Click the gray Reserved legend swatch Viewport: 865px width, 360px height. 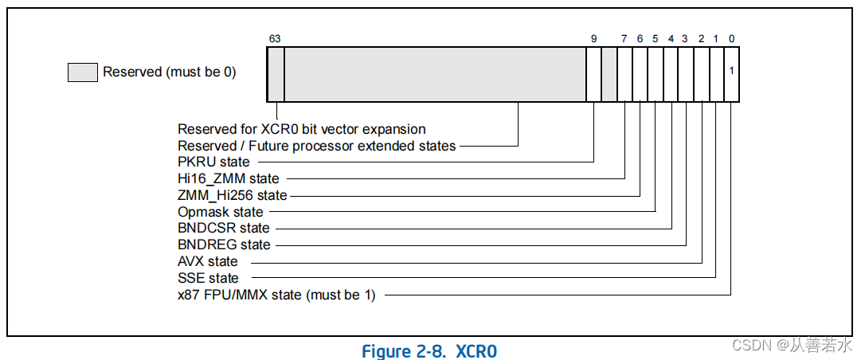(x=83, y=72)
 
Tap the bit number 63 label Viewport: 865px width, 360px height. (x=275, y=38)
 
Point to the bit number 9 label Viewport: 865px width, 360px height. (x=593, y=38)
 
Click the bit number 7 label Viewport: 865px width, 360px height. (x=624, y=38)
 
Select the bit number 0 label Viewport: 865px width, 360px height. (x=731, y=38)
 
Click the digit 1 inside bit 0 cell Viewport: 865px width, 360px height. (x=731, y=70)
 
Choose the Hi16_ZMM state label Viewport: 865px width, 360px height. (x=229, y=178)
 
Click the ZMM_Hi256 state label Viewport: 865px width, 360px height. (x=233, y=195)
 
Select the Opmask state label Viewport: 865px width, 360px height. (x=221, y=212)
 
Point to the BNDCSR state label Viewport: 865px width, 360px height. (x=224, y=229)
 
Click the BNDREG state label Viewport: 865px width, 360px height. (x=224, y=245)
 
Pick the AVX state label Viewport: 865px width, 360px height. (x=208, y=261)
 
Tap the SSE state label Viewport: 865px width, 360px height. (x=208, y=278)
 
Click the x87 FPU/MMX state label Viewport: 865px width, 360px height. (x=276, y=295)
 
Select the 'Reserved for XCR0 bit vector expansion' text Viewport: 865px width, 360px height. (x=302, y=129)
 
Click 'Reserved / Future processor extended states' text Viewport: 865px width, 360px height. (x=317, y=146)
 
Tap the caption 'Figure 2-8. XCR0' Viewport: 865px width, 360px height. (x=429, y=351)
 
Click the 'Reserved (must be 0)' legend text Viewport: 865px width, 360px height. (x=170, y=72)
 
